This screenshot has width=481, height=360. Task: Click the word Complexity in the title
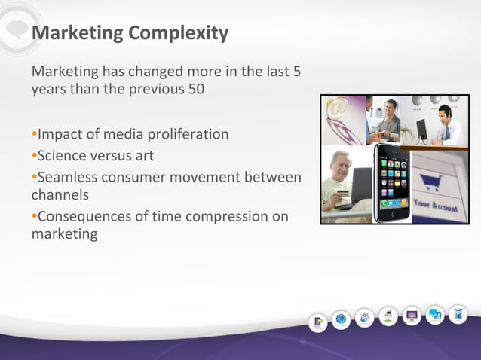click(178, 33)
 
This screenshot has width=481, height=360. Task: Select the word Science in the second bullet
click(63, 156)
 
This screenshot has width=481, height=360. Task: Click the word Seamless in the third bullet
click(67, 177)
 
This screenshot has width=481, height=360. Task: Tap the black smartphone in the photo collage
click(392, 185)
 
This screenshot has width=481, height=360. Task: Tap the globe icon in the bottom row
click(342, 319)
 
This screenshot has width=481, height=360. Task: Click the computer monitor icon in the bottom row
click(412, 316)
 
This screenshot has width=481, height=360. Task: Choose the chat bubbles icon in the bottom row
click(435, 316)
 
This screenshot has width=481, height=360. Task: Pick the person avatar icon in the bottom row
click(388, 317)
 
